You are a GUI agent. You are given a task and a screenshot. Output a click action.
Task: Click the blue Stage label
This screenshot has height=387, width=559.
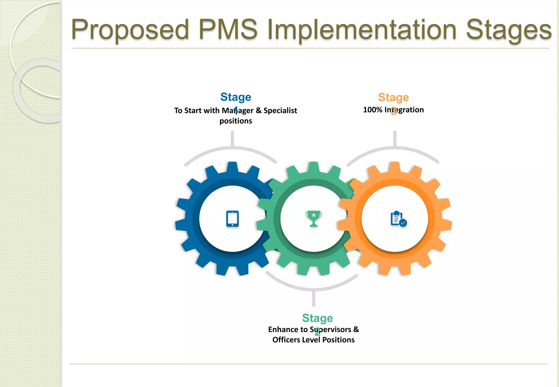pos(236,97)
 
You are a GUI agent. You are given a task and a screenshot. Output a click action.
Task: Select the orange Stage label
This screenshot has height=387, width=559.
pos(393,97)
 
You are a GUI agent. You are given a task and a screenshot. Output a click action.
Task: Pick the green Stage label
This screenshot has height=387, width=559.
pos(317,318)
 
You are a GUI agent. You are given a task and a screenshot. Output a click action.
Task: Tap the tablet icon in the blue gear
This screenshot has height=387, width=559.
pos(233,219)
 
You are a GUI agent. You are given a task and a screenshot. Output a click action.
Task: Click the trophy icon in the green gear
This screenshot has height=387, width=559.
pos(314,219)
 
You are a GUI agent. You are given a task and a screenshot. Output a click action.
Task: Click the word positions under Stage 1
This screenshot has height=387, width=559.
pos(236,121)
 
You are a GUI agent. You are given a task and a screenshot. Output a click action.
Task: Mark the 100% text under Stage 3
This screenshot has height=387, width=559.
pos(373,110)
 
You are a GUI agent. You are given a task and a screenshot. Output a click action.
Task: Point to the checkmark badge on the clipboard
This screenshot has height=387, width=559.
pos(403,223)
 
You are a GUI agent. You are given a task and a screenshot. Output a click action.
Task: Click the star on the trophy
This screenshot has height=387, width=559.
pos(314,215)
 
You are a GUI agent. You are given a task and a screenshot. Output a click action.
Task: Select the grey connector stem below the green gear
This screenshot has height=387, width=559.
pos(314,299)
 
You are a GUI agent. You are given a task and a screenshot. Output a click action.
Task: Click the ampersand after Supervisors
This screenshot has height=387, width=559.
pos(356,329)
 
